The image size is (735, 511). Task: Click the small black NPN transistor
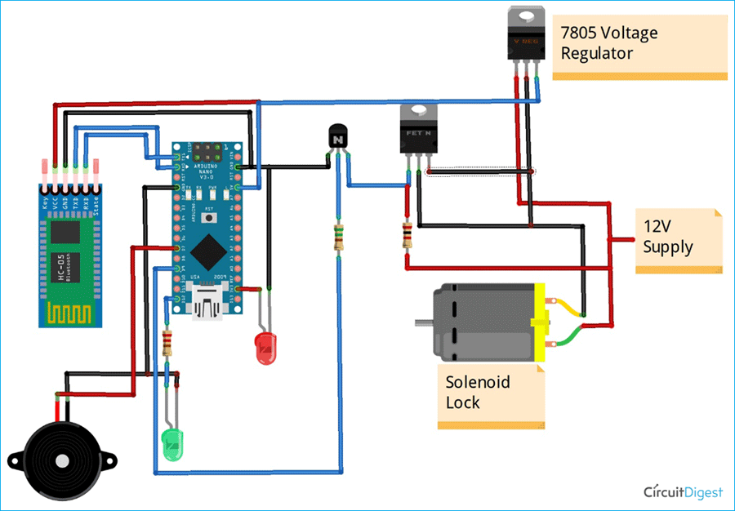337,137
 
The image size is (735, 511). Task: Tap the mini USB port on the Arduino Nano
208,304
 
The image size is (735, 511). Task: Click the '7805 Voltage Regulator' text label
608,43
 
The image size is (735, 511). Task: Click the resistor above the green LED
168,344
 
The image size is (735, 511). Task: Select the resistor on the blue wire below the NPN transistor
338,238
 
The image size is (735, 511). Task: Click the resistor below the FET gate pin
406,235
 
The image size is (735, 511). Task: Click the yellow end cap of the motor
539,324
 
